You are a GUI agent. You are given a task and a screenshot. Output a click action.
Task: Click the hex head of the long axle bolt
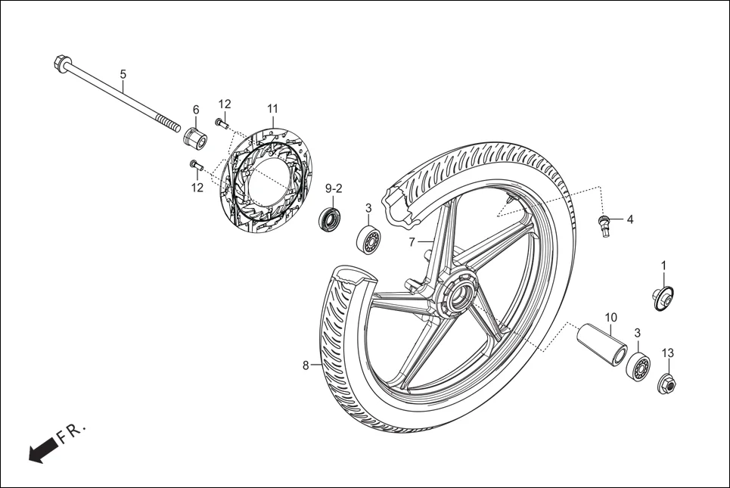click(61, 64)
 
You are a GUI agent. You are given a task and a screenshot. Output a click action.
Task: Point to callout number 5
click(123, 74)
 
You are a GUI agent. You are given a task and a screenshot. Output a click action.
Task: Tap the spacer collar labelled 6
click(195, 138)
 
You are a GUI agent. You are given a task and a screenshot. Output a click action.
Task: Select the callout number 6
click(195, 109)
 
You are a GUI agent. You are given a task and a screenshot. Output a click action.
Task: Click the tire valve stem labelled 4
click(604, 225)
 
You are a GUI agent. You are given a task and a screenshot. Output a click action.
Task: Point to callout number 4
click(629, 220)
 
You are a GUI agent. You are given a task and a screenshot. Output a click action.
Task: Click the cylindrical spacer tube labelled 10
click(603, 343)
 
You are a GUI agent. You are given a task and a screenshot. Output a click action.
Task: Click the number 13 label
click(668, 353)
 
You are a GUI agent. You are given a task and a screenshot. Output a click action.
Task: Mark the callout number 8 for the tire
click(306, 365)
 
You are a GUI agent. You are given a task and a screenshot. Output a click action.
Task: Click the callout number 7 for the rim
click(412, 242)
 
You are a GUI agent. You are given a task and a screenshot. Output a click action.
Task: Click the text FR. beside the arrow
click(73, 432)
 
